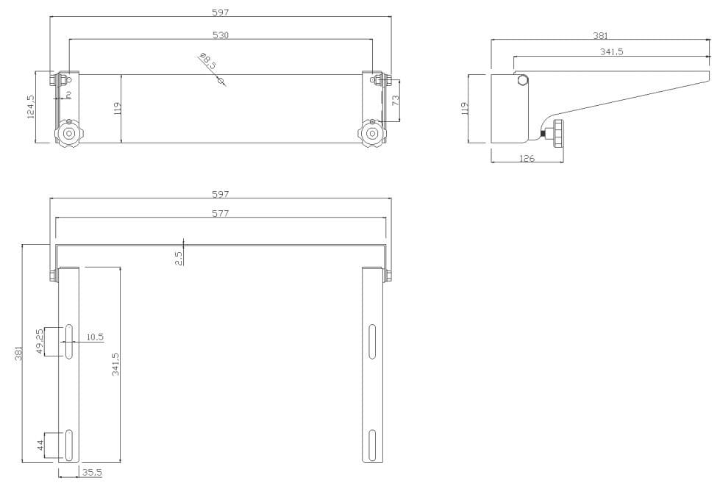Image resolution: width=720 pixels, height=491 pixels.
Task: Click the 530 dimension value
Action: click(221, 35)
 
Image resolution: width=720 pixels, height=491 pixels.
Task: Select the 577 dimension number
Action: click(221, 213)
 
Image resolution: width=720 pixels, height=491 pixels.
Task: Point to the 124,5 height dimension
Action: click(31, 107)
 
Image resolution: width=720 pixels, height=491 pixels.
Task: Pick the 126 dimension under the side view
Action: click(527, 157)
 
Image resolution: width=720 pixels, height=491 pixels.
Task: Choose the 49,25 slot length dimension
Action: click(40, 341)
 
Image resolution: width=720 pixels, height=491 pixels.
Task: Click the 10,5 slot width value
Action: click(95, 337)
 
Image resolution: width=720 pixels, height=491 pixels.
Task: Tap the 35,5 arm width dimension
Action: click(92, 473)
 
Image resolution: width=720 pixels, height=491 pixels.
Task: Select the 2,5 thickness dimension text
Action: click(179, 257)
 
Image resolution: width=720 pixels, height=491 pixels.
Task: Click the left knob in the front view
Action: click(69, 134)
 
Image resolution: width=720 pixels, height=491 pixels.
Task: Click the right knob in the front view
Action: click(372, 134)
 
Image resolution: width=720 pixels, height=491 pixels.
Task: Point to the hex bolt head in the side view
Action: click(522, 80)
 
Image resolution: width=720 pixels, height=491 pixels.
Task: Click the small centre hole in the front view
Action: click(220, 81)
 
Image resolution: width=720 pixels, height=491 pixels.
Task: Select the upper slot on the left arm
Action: click(68, 341)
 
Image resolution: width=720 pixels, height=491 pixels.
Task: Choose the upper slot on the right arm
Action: click(372, 341)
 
